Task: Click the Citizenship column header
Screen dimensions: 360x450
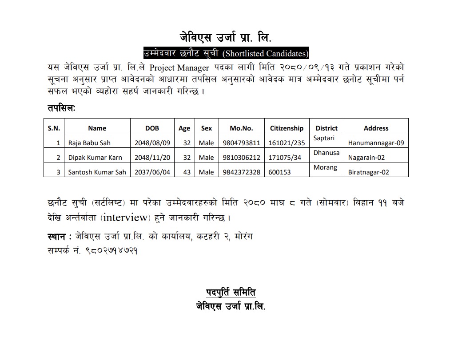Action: [x=287, y=128]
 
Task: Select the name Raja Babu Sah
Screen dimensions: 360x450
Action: [x=89, y=143]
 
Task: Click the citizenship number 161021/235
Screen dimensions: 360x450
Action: [x=287, y=143]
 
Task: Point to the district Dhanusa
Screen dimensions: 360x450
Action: [x=327, y=153]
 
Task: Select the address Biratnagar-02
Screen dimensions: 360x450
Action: [x=369, y=172]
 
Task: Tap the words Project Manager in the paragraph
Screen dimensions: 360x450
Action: [x=179, y=68]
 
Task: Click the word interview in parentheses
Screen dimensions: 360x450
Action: [x=126, y=217]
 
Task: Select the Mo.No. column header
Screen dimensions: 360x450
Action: [x=241, y=128]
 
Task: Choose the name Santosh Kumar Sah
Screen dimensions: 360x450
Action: [x=97, y=172]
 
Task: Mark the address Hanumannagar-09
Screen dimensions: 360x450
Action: [x=376, y=143]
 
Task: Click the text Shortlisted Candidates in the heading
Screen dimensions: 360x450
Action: [x=266, y=54]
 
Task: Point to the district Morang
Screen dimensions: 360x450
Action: [x=325, y=167]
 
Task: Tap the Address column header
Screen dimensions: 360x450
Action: [x=376, y=128]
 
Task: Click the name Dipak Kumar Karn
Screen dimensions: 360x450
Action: [x=95, y=158]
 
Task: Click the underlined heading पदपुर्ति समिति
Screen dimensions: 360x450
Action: [x=231, y=293]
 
